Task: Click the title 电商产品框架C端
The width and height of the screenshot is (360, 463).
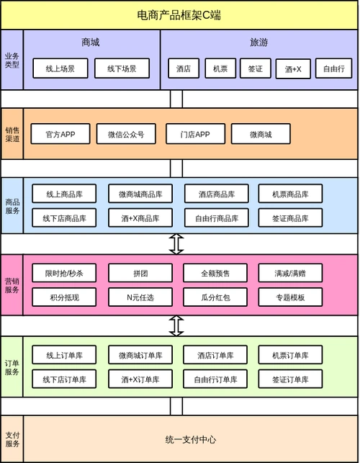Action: pyautogui.click(x=179, y=14)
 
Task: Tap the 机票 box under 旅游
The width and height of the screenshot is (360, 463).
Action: pyautogui.click(x=220, y=68)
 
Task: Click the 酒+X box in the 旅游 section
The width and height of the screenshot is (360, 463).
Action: pyautogui.click(x=292, y=69)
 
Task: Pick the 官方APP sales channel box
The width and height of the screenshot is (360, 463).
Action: pyautogui.click(x=60, y=134)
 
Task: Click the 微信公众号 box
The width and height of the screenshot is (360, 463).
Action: pyautogui.click(x=126, y=134)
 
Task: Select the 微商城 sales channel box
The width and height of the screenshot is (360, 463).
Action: pyautogui.click(x=261, y=134)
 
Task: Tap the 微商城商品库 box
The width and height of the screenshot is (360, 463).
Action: pyautogui.click(x=140, y=194)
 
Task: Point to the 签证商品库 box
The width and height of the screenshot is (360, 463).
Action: pyautogui.click(x=291, y=217)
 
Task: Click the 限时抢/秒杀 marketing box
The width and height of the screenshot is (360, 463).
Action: pyautogui.click(x=64, y=273)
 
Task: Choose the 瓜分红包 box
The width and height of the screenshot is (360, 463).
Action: pyautogui.click(x=216, y=296)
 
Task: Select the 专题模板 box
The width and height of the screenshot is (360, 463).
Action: pyautogui.click(x=291, y=296)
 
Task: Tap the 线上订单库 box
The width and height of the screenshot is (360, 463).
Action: pyautogui.click(x=64, y=355)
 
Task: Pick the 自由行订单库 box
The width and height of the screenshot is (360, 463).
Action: pyautogui.click(x=216, y=378)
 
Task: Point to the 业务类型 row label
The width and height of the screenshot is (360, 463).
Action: pyautogui.click(x=12, y=60)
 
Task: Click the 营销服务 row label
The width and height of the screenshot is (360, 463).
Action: pyautogui.click(x=12, y=284)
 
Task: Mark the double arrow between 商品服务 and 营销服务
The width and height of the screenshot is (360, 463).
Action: pyautogui.click(x=176, y=243)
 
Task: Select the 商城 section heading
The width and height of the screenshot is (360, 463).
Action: pyautogui.click(x=91, y=43)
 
